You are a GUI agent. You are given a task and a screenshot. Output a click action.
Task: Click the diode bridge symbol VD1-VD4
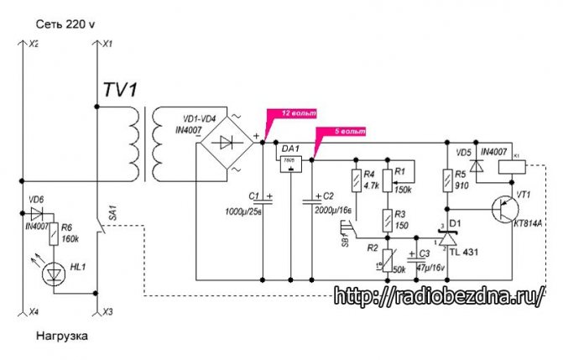point(227,143)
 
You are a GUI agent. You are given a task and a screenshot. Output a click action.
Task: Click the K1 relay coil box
point(513,167)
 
